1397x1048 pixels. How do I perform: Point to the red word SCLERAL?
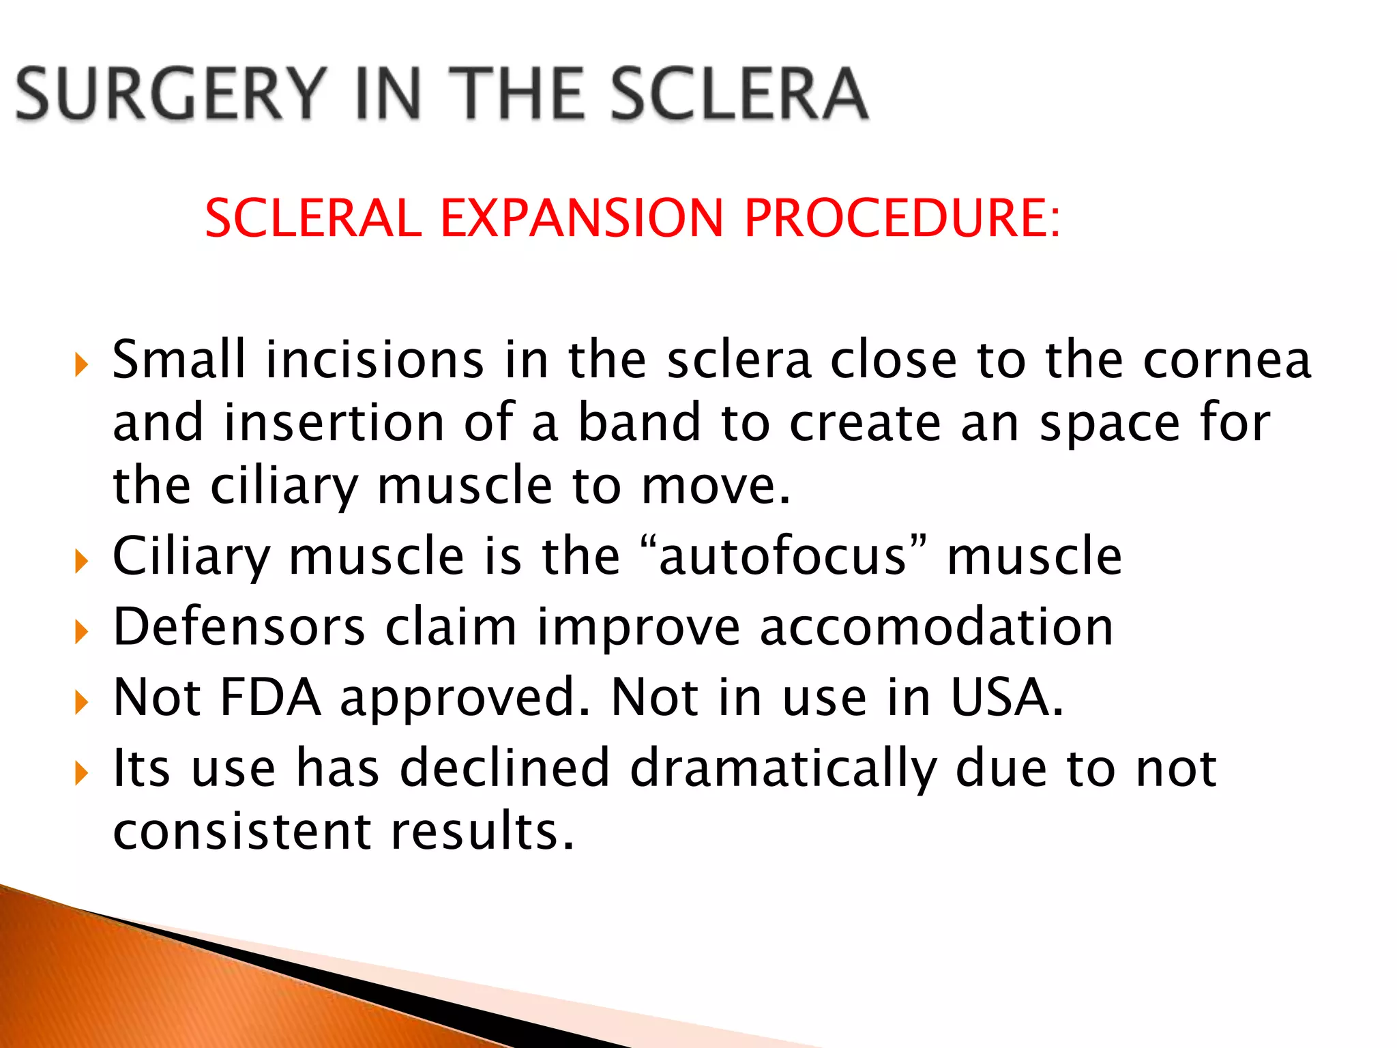pyautogui.click(x=314, y=218)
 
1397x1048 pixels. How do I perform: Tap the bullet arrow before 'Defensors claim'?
pyautogui.click(x=82, y=632)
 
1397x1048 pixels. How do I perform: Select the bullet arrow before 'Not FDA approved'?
pyautogui.click(x=82, y=702)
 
